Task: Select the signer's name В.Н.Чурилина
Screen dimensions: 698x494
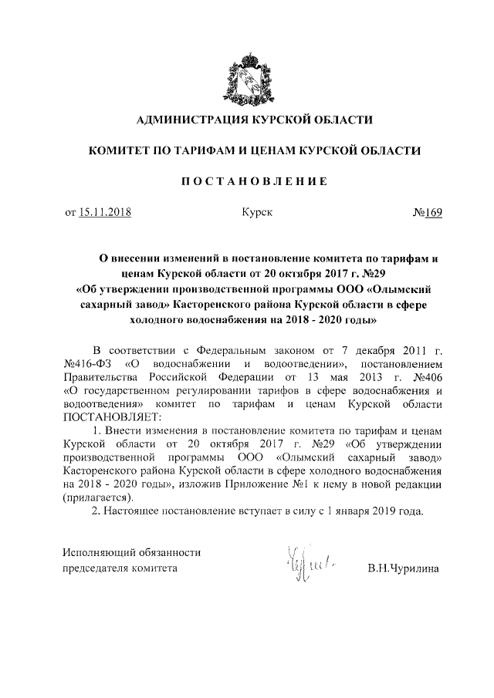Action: tap(403, 568)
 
